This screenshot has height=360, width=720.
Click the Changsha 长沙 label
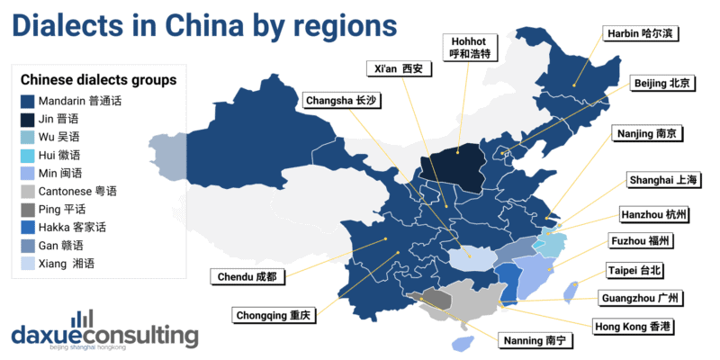point(342,101)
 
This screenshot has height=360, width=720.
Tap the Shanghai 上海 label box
point(661,181)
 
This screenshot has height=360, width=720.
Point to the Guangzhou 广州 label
point(641,298)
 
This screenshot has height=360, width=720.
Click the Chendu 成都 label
point(246,274)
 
